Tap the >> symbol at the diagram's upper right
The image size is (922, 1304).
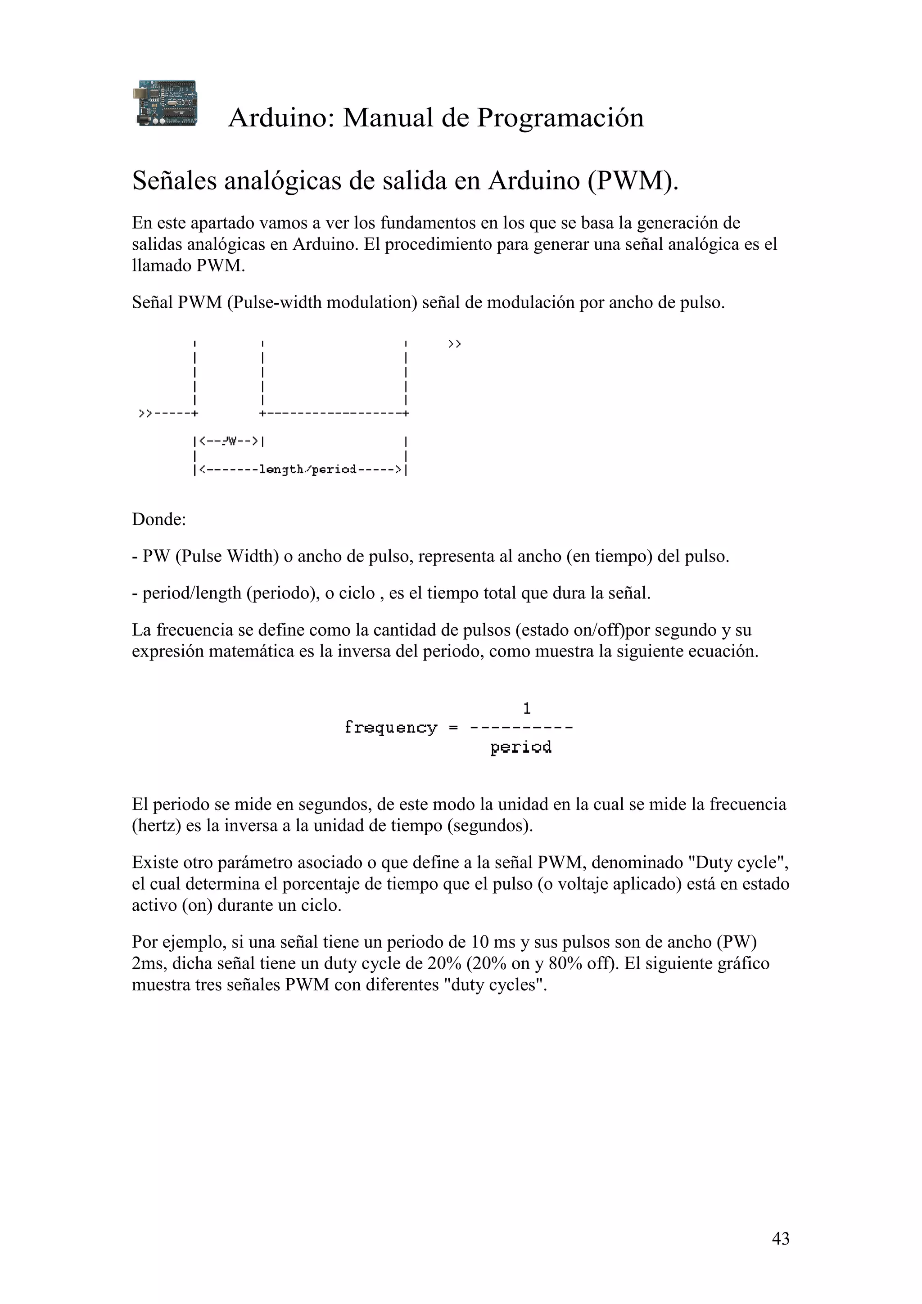click(454, 344)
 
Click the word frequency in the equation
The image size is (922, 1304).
click(391, 728)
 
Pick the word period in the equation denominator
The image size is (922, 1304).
click(520, 747)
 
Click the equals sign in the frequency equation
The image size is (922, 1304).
click(453, 728)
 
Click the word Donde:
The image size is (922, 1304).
click(159, 519)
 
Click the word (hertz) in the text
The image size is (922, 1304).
click(156, 825)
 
